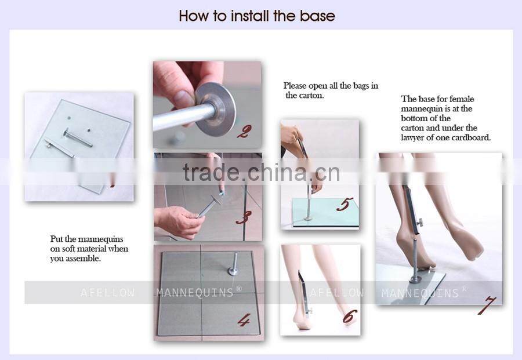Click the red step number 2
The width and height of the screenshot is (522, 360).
(x=244, y=132)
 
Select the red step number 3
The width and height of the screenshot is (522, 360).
(x=244, y=217)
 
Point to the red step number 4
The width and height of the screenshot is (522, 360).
(x=244, y=320)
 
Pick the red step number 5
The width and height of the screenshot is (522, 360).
(x=345, y=204)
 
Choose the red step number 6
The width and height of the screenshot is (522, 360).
(x=350, y=317)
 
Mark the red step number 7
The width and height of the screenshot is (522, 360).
(x=487, y=305)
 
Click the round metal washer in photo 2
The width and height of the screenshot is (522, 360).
(x=215, y=109)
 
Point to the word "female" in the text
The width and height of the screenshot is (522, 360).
(x=462, y=99)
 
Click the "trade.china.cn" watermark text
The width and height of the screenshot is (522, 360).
(x=262, y=172)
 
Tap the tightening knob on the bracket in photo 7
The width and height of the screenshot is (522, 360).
(x=420, y=221)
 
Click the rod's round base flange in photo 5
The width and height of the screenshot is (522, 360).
(x=309, y=219)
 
